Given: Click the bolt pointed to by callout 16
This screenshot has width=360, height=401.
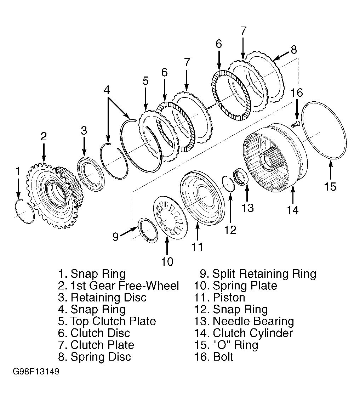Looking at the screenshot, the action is (295, 125).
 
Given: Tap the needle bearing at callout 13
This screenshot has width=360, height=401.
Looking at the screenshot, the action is (240, 176).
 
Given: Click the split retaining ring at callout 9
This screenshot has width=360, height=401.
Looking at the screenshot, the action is (148, 230).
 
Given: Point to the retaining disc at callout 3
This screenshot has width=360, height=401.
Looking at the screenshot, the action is (91, 174).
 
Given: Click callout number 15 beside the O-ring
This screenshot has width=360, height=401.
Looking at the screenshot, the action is (330, 186).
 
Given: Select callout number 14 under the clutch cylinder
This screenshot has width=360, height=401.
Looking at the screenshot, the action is (292, 210).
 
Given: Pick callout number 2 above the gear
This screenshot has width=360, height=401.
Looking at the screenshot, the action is (44, 136).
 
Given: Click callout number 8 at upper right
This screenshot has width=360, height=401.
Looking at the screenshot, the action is (294, 50).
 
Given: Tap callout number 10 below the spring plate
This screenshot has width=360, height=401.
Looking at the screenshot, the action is (167, 261).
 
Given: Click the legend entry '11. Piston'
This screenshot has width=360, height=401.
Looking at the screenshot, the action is (219, 298).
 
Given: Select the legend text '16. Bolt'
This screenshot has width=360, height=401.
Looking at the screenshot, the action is (213, 357).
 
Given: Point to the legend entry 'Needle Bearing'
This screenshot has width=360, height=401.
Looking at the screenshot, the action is (253, 321).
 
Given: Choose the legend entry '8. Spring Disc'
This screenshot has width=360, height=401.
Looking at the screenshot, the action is (94, 357).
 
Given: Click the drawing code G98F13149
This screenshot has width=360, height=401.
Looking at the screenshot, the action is (36, 371).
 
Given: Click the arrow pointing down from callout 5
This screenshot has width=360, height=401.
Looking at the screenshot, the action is (145, 98).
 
